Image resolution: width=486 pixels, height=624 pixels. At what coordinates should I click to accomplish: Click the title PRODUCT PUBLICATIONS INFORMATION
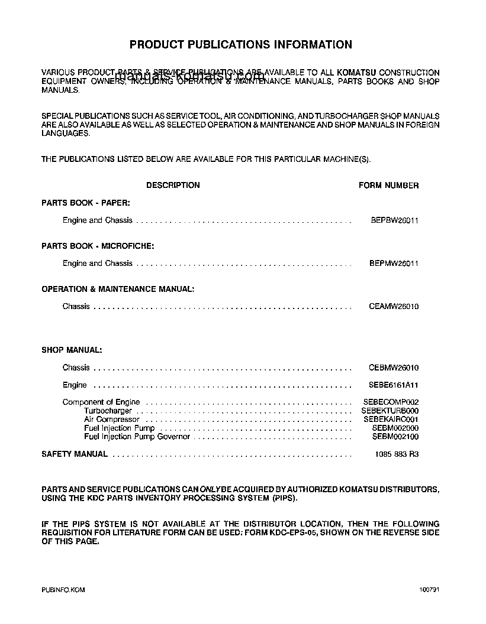point(240,44)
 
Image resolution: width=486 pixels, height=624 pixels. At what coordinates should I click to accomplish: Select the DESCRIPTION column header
point(173,185)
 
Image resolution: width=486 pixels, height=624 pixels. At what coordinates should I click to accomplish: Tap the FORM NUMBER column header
point(388,186)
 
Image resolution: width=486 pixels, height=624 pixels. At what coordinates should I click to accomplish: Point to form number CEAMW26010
point(394,307)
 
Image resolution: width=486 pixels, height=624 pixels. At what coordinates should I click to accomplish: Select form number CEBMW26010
point(394,368)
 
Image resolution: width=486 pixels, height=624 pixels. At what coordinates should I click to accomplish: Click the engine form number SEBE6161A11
point(394,385)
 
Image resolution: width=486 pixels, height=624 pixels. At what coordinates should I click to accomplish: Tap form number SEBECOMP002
point(391,402)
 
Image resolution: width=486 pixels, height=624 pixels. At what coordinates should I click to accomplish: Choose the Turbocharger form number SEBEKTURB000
point(391,411)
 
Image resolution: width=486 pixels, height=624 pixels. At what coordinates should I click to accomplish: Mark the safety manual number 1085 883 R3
point(397,454)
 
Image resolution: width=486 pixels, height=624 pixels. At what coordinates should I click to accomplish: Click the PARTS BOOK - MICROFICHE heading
point(98,246)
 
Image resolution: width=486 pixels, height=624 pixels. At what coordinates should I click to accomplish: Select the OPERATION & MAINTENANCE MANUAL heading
point(118,289)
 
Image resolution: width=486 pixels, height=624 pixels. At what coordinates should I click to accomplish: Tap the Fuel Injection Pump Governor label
point(137,437)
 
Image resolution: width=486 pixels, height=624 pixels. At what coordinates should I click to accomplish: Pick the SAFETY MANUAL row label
point(75,454)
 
